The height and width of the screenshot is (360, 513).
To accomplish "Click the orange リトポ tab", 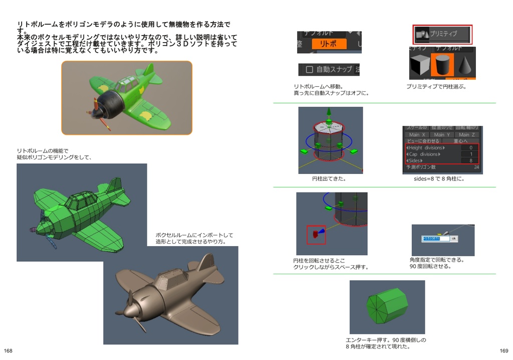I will (x=329, y=44).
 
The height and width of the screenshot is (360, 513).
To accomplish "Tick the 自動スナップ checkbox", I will (x=309, y=70).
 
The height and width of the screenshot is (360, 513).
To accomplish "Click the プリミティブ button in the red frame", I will (x=442, y=34).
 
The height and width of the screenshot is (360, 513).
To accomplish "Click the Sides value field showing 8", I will (x=470, y=160).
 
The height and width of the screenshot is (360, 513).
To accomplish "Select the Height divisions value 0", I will (x=470, y=148).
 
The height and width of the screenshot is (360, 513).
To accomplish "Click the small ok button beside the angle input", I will (x=454, y=239).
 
